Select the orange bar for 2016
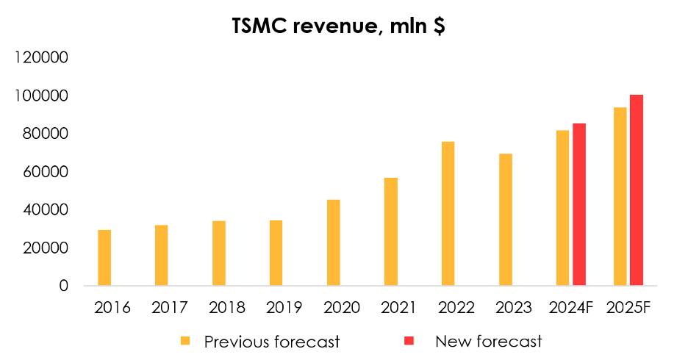[104, 258]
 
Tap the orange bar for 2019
[276, 253]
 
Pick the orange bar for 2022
[448, 214]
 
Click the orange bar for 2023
[505, 220]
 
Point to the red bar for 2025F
[637, 190]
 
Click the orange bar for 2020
[334, 242]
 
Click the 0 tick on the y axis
[63, 286]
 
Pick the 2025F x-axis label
[628, 307]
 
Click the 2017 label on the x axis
[170, 307]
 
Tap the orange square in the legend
[185, 341]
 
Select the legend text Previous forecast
[272, 341]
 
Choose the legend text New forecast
[488, 341]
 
